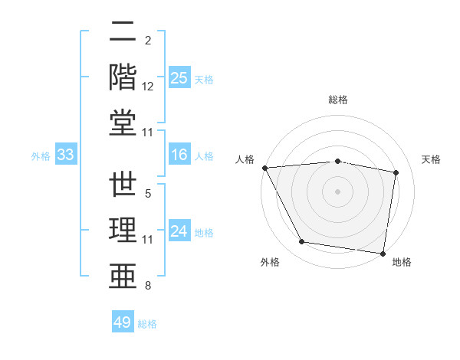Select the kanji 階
tap(123, 77)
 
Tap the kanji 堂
tap(123, 122)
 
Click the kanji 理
tap(123, 231)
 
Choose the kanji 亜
tap(123, 276)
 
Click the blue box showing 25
tap(179, 78)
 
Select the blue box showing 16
tap(179, 155)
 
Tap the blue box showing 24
tap(179, 231)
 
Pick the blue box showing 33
tap(66, 155)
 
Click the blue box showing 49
tap(123, 322)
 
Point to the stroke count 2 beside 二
tap(147, 40)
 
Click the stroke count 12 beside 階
tap(148, 87)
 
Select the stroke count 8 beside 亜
tap(147, 286)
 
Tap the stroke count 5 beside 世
tap(147, 195)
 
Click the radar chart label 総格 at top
tap(338, 100)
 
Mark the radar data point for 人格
tap(264, 168)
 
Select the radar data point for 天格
tap(396, 172)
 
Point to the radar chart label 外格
tap(270, 262)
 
